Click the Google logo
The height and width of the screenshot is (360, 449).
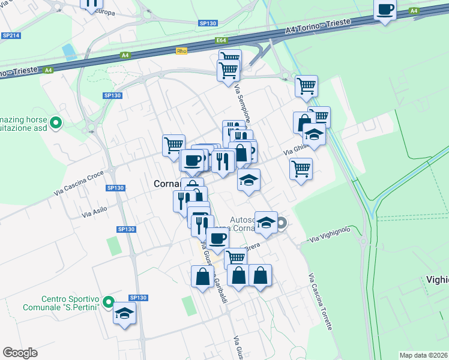tap(20, 353)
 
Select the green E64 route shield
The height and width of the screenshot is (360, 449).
tap(221, 41)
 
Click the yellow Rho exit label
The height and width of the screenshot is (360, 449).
tap(182, 52)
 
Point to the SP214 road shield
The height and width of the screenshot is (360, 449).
tap(11, 36)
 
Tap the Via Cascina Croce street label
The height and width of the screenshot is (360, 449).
tap(78, 182)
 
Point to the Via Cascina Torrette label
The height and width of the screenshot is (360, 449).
tap(321, 302)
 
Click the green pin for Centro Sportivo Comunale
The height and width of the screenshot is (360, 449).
tap(108, 302)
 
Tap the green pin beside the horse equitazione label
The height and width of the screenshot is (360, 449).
tap(56, 123)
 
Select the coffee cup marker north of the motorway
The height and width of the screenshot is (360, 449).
tap(385, 10)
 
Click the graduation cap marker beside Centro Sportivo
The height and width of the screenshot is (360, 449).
tap(125, 313)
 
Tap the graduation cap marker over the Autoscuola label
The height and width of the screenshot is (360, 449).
tap(265, 222)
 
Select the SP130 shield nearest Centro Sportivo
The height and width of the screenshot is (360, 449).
tap(138, 298)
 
